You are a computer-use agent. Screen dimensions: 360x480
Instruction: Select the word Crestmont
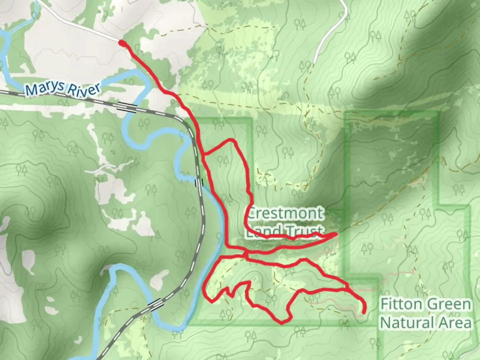click(x=285, y=213)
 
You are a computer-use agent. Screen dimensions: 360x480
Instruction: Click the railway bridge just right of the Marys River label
click(x=127, y=107)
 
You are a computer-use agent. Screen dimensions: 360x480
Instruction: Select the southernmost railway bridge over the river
click(x=155, y=304)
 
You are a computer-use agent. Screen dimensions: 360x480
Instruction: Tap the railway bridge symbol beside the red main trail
click(x=199, y=183)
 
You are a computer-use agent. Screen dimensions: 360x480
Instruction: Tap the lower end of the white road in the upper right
click(x=315, y=62)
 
